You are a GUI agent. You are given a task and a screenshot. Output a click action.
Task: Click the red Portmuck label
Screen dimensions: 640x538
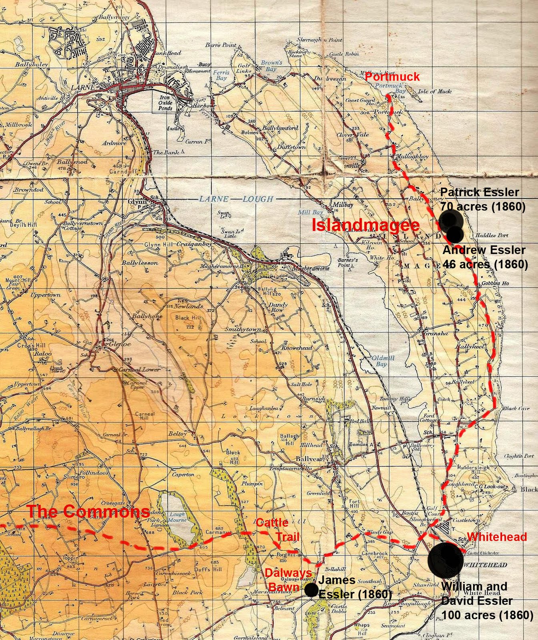392,76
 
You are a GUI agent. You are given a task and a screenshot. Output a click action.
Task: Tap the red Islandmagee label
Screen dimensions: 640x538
365,225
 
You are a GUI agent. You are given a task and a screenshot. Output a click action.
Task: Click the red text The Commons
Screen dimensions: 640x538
88,511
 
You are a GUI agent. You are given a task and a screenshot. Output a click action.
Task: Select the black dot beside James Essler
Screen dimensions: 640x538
311,589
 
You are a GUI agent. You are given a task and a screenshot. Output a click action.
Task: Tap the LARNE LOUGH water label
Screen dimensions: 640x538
236,199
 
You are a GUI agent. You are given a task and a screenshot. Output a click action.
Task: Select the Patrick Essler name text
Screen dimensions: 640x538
479,192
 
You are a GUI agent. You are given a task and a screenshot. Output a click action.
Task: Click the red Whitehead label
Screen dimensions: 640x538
496,537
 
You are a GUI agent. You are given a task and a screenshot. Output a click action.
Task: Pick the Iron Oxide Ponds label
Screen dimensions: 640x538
165,103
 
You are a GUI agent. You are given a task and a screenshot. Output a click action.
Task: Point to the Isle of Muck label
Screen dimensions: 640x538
434,91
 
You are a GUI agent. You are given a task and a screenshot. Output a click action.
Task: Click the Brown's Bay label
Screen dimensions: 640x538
272,66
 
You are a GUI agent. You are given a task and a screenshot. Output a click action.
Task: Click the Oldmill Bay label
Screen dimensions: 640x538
383,361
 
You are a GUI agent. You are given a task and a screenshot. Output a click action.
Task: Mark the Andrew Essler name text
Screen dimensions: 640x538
484,250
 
